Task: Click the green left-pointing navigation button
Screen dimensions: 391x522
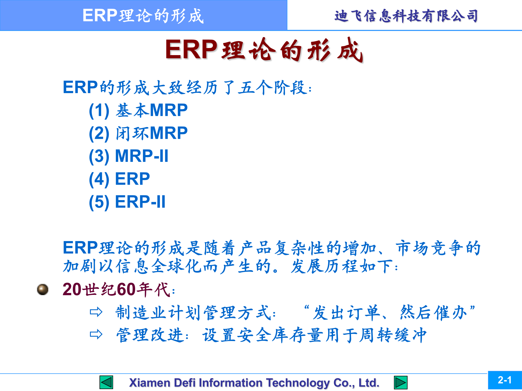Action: click(106, 383)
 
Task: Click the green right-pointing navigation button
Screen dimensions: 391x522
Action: click(400, 383)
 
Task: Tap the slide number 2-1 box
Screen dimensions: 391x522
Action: click(505, 380)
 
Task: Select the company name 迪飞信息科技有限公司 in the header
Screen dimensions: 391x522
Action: click(406, 16)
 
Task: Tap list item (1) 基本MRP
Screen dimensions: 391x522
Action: click(138, 111)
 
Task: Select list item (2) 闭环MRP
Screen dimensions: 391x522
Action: click(138, 133)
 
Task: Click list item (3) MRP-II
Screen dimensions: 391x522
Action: click(129, 156)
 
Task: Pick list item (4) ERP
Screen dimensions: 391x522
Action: click(119, 179)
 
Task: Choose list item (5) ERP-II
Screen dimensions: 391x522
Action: click(127, 202)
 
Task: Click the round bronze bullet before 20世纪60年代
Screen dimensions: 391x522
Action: click(43, 289)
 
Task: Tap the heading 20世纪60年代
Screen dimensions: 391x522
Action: click(119, 289)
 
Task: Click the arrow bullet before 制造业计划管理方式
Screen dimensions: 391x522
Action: click(96, 312)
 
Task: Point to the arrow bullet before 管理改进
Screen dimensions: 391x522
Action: click(96, 335)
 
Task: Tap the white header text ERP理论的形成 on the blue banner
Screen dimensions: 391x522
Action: click(143, 15)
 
